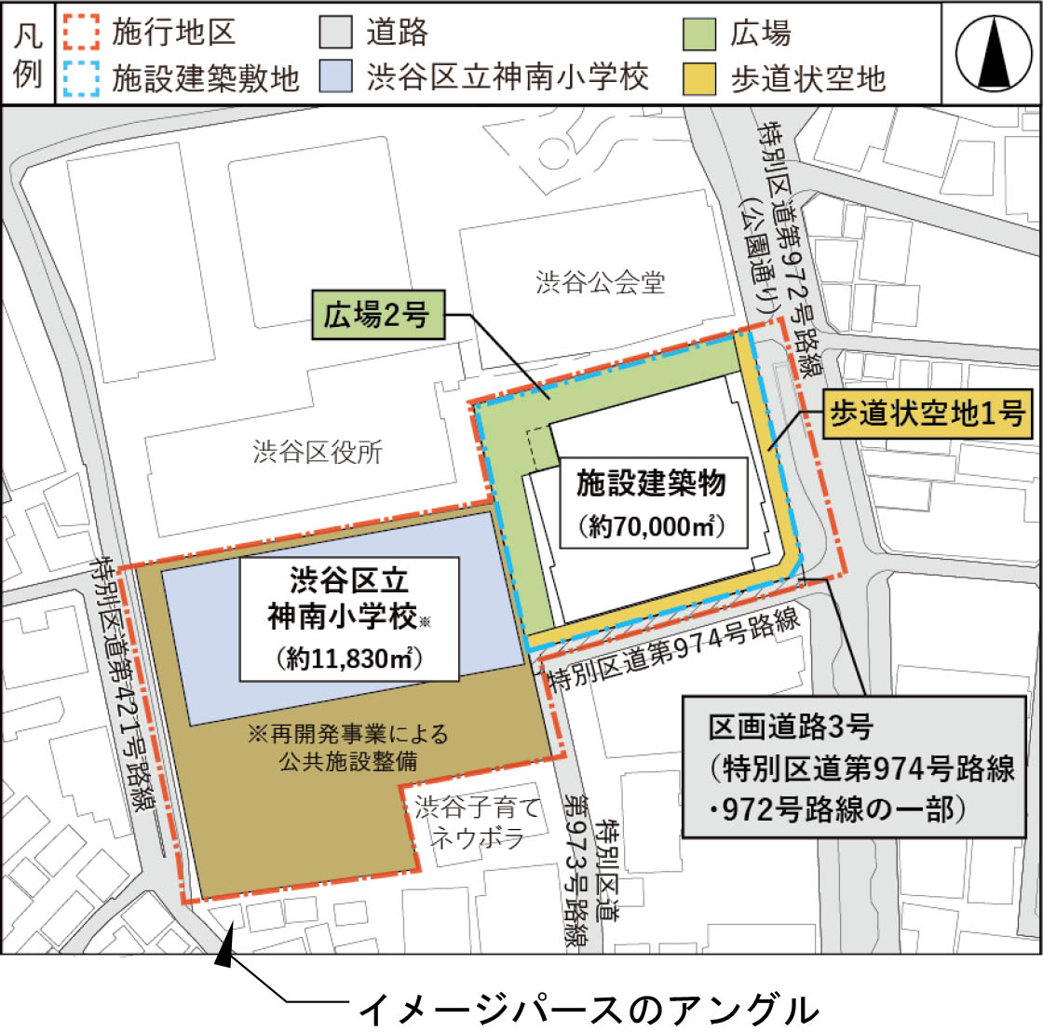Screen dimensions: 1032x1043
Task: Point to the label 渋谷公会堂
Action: coord(601,282)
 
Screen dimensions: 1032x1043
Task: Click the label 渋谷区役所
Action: coord(318,453)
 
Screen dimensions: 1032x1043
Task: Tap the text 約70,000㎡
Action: coord(652,526)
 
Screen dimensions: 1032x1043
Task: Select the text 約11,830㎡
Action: coord(349,659)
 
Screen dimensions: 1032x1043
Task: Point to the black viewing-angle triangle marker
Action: coord(223,951)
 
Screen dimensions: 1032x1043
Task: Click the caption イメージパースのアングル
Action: coord(588,1010)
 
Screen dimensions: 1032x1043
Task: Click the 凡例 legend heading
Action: coord(28,54)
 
